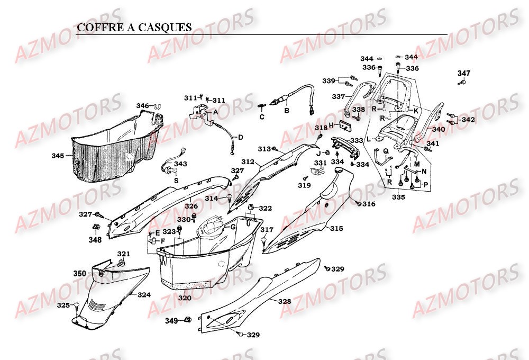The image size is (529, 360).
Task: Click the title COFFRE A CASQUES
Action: [x=134, y=28]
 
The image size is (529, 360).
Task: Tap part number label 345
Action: [x=58, y=156]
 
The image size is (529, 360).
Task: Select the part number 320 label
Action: [x=185, y=298]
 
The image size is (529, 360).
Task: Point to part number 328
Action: [x=285, y=301]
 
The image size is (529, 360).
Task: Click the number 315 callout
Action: [x=336, y=229]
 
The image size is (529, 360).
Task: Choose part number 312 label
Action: [x=248, y=161]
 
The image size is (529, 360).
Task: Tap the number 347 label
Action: [x=463, y=73]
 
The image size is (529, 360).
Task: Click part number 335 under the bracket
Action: [x=398, y=197]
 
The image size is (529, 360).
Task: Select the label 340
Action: [x=439, y=129]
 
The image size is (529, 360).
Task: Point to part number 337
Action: [x=338, y=96]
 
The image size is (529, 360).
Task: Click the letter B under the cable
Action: [x=286, y=111]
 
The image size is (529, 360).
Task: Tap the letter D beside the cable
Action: [x=240, y=137]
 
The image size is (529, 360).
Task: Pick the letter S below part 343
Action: [x=176, y=180]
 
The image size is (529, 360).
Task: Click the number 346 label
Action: [x=143, y=106]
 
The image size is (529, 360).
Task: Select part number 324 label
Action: [x=144, y=294]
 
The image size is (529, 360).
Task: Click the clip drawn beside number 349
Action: [x=187, y=320]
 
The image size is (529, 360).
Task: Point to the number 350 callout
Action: [x=79, y=273]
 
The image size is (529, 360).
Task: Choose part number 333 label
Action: [x=357, y=141]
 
